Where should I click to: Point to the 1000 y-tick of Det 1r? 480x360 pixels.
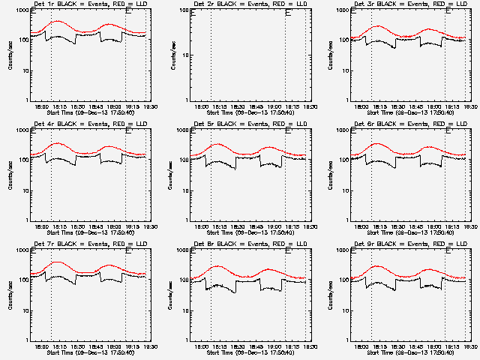point(22,11)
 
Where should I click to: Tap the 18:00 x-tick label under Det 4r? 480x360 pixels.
point(42,226)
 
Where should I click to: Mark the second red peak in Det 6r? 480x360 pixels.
point(429,146)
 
